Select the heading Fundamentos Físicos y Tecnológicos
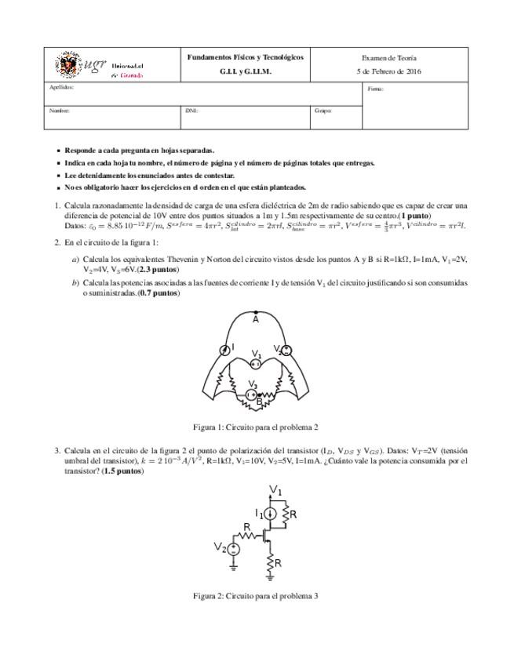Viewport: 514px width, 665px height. point(245,57)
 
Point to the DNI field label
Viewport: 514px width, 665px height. point(191,111)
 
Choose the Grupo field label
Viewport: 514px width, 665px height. point(323,111)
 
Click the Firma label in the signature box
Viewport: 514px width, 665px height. point(375,89)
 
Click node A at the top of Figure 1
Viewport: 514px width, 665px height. point(256,314)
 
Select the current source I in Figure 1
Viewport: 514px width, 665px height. point(224,351)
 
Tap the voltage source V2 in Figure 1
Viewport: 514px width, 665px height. point(286,351)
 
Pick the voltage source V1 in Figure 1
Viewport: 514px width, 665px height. point(256,363)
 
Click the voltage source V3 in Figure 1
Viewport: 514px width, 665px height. point(253,394)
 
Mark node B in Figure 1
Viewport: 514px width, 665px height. point(260,403)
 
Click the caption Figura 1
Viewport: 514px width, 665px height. point(256,427)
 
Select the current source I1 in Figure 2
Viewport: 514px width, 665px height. point(269,514)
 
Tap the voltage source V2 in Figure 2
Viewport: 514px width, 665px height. point(233,548)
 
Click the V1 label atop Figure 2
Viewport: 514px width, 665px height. point(276,491)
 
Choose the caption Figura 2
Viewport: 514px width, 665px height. point(256,596)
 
